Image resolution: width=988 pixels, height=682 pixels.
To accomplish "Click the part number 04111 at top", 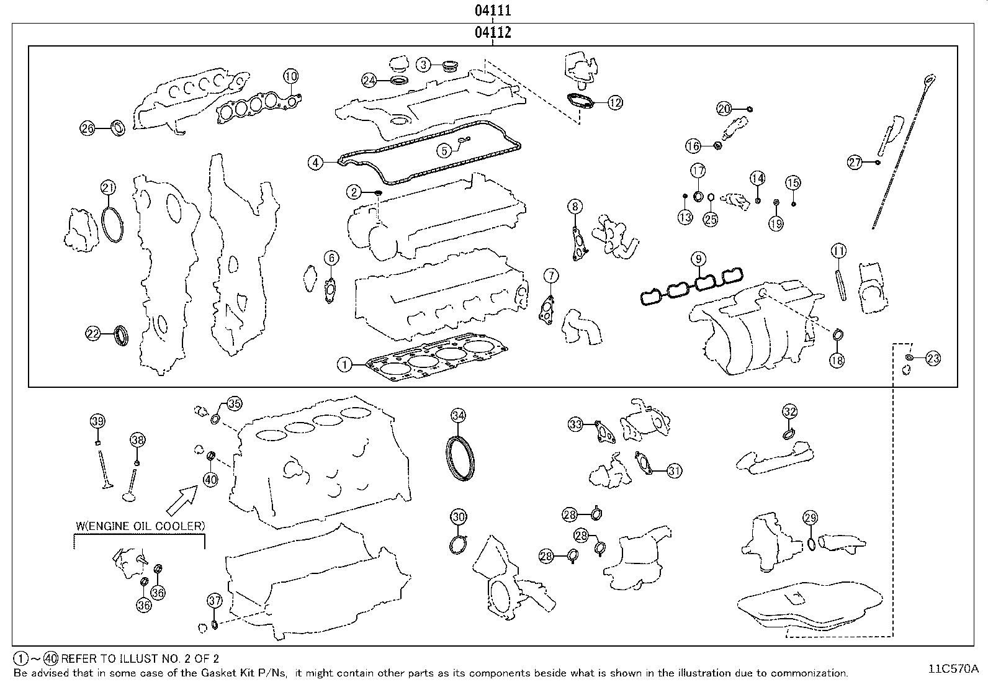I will tap(493, 11).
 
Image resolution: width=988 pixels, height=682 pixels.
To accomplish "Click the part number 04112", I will tap(493, 33).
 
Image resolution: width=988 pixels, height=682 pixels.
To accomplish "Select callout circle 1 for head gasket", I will tap(344, 364).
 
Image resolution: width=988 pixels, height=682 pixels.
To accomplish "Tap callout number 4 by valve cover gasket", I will tap(316, 163).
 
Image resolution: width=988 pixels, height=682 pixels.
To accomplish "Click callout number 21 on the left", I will tap(109, 188).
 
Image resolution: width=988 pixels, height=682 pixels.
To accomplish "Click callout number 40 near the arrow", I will tap(210, 479).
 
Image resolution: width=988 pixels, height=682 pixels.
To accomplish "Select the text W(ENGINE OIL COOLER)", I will tap(140, 526).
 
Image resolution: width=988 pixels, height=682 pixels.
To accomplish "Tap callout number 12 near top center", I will tap(614, 103).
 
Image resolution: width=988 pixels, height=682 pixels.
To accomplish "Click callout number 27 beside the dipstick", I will tap(855, 163).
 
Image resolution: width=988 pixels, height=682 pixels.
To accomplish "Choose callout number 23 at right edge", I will tap(933, 358).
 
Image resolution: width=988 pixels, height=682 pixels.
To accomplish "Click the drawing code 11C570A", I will tap(953, 668).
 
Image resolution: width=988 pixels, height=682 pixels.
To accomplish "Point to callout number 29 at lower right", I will tap(810, 518).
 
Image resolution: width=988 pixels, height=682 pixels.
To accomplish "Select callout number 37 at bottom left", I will tap(214, 600).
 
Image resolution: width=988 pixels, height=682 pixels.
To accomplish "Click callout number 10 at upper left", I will tap(290, 76).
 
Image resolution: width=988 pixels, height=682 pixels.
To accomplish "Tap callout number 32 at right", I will tap(789, 411).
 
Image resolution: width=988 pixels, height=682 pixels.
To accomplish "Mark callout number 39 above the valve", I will tap(97, 421).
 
